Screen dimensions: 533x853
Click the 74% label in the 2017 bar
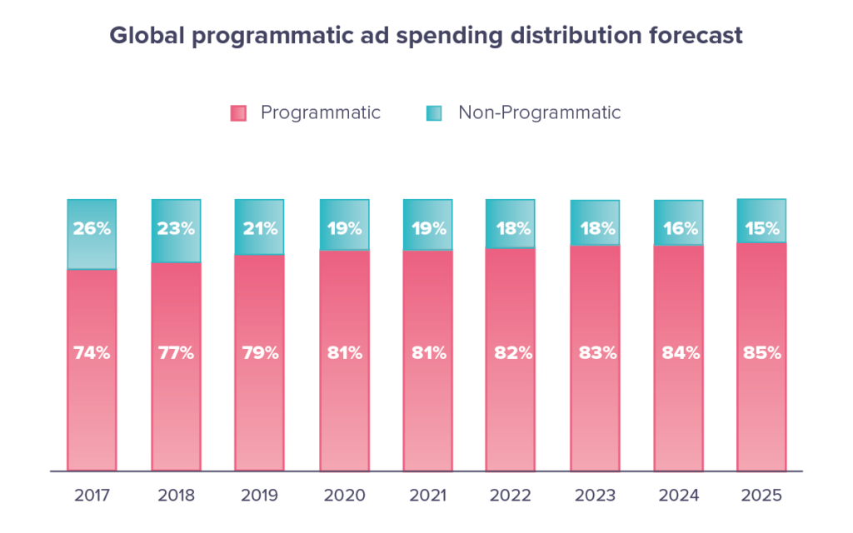click(92, 352)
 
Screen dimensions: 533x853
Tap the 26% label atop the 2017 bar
click(92, 228)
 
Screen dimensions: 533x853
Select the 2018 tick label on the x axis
click(176, 496)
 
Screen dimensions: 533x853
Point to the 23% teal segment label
click(176, 228)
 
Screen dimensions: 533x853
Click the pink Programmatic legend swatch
click(238, 113)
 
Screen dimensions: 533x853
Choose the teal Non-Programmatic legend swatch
click(433, 113)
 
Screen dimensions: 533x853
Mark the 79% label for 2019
click(260, 352)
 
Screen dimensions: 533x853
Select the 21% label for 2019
click(260, 228)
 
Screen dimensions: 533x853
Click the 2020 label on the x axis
click(344, 496)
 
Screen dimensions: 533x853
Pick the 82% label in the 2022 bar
click(512, 352)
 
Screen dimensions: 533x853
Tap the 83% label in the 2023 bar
click(596, 352)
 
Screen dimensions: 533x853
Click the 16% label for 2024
click(680, 228)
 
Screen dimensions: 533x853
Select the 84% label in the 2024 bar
click(680, 352)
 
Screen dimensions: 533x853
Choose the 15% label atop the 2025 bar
click(762, 228)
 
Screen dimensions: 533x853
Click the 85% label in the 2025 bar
click(762, 352)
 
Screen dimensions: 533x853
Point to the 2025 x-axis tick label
click(762, 496)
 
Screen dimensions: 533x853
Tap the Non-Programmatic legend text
click(539, 112)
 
